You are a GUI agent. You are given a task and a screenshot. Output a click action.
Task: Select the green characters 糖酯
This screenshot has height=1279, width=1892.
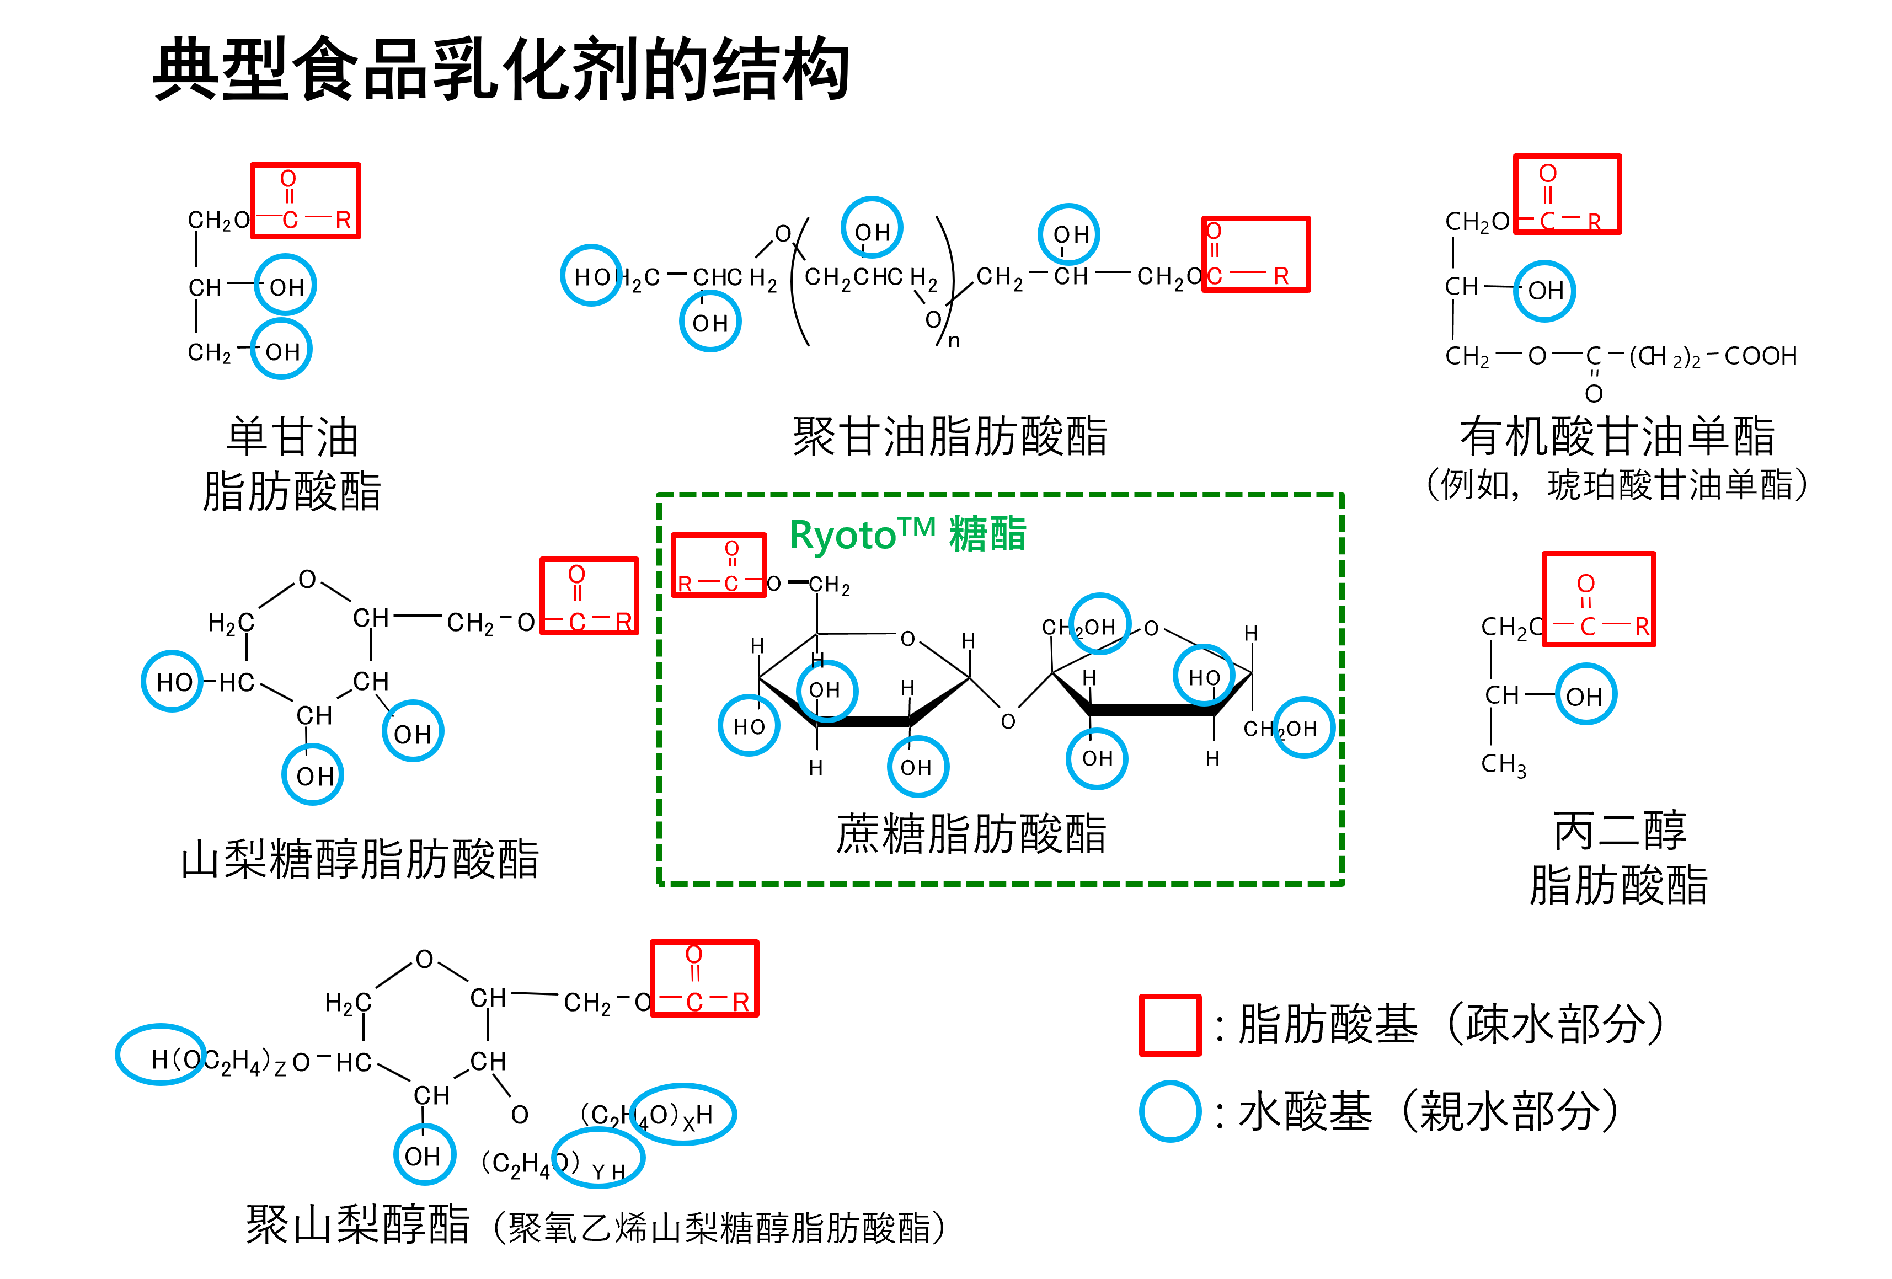point(987,535)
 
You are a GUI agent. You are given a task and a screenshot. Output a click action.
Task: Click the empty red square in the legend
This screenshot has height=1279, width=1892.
point(1170,1025)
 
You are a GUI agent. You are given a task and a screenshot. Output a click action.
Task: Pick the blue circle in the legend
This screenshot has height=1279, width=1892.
point(1170,1111)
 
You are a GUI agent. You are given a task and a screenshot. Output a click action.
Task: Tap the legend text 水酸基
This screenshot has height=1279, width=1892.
point(1305,1111)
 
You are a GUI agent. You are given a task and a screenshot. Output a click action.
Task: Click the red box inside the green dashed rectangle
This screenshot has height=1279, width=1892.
point(719,565)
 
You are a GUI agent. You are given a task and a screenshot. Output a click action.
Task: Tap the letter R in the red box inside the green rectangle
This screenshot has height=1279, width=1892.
point(685,584)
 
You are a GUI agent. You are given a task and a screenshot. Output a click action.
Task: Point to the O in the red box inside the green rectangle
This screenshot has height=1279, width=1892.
point(732,548)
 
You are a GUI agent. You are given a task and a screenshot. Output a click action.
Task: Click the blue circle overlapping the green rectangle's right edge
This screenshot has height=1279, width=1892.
point(1303,727)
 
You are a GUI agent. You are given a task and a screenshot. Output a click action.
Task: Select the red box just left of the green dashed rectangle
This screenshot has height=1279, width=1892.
point(590,596)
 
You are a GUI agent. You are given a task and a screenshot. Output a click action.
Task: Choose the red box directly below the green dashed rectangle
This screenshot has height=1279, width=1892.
point(705,978)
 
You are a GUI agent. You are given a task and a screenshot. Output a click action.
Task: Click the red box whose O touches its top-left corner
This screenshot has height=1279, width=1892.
point(1256,254)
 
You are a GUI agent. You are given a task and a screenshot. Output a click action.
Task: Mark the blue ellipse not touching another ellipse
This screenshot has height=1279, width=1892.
point(161,1055)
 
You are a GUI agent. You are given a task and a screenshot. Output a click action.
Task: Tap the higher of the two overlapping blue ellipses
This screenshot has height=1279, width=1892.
point(683,1114)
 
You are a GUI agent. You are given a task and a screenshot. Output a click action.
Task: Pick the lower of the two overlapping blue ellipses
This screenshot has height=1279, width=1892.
point(598,1157)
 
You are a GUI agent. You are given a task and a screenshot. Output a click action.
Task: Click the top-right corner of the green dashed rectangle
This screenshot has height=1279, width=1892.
point(1341,494)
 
